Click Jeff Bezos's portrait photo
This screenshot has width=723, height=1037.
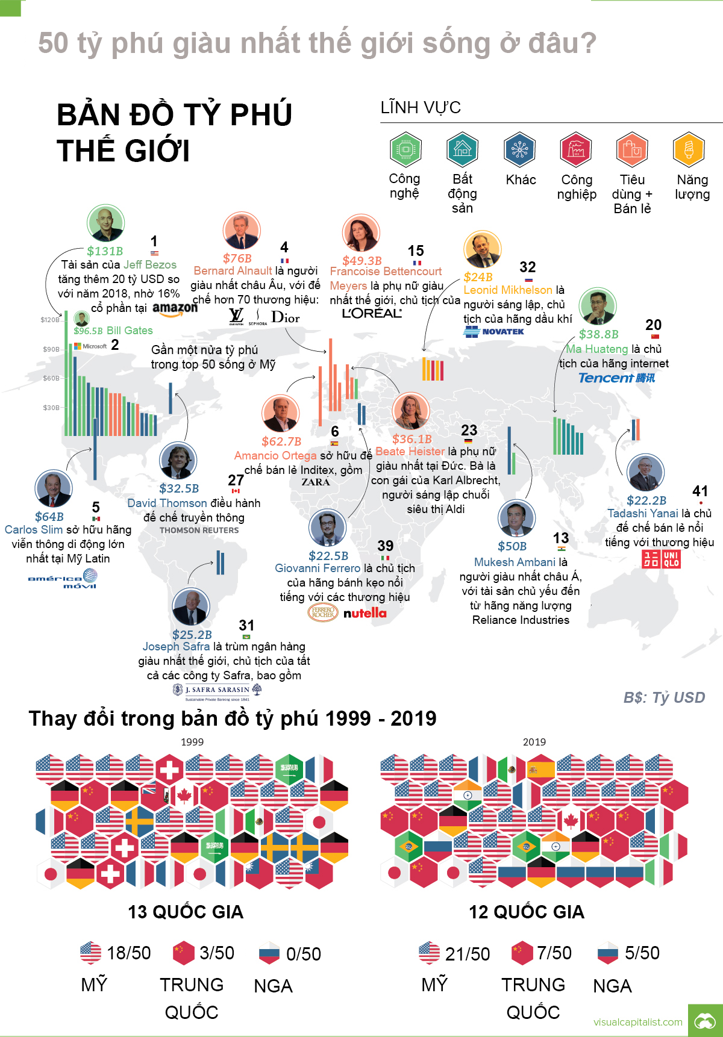coord(105,223)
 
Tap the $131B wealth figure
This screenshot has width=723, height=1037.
coord(105,251)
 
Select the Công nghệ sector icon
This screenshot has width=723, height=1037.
coord(405,149)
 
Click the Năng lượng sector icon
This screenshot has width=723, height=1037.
coord(689,149)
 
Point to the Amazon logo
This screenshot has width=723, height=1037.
coord(175,308)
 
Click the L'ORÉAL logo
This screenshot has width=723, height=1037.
coord(372,313)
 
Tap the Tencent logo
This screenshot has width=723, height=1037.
coord(616,378)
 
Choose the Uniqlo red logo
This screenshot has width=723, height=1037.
coord(661,559)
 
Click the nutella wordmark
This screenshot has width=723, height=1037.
coord(365,613)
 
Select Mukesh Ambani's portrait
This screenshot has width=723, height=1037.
coord(516,518)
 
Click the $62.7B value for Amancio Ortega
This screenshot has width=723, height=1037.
coord(281,441)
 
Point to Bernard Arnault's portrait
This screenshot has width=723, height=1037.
coord(241,231)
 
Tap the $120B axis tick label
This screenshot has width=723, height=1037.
coord(49,320)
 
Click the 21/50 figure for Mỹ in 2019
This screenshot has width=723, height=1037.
coord(468,954)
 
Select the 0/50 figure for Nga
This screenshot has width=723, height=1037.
coord(304,954)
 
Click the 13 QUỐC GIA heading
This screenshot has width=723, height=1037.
coord(186,912)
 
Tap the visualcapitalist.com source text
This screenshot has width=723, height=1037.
coord(637,1022)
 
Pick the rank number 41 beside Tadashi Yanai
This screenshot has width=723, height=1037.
coord(700,491)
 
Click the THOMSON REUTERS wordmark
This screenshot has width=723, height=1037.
coord(199,531)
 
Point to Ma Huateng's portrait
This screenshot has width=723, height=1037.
coord(597,306)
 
